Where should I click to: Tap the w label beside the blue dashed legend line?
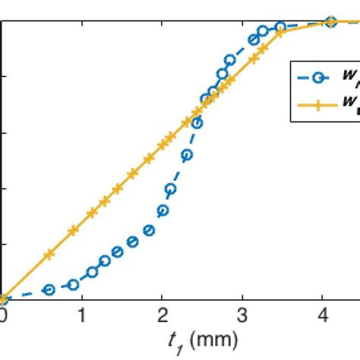point(349,75)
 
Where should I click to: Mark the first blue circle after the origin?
point(49,289)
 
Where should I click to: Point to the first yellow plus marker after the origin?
point(49,254)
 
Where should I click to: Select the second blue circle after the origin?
point(74,285)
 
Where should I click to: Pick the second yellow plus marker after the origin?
point(74,229)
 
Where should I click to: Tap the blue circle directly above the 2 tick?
point(162,210)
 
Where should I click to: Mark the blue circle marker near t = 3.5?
point(280,27)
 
